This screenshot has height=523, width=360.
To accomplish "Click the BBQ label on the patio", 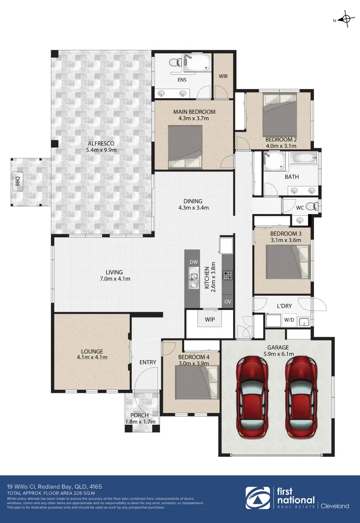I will click(18, 182).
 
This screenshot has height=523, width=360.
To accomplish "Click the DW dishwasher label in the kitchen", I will click(194, 262).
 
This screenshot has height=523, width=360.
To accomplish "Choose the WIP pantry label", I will click(210, 320).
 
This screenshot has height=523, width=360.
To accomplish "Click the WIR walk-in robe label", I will click(223, 76).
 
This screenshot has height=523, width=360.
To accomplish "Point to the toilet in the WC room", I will click(314, 207).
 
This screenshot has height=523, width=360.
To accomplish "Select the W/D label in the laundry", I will click(289, 320).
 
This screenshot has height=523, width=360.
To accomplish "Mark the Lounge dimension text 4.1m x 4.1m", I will click(92, 357).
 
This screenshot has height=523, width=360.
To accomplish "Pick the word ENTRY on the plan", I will click(147, 362).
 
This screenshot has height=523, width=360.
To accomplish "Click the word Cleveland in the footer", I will click(335, 506).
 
